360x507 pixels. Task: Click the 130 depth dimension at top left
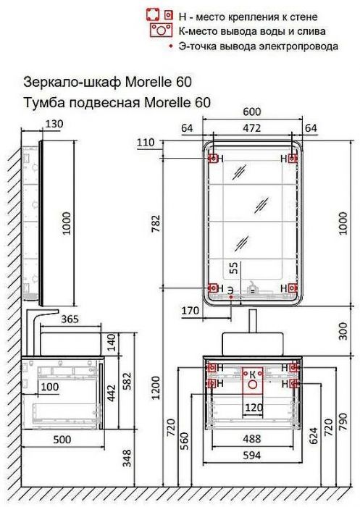click(x=54, y=125)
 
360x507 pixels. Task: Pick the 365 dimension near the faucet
click(x=70, y=318)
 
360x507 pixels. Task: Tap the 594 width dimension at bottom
click(x=252, y=456)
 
